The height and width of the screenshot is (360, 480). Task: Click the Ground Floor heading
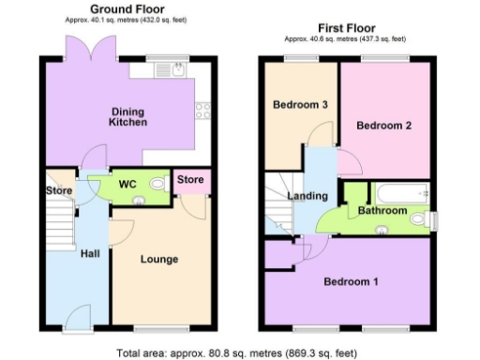coord(121,8)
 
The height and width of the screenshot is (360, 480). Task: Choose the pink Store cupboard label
coord(191,180)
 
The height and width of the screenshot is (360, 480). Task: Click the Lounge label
coord(159,259)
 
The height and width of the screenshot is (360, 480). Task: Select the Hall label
coord(90,254)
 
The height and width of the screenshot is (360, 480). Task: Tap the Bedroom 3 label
coord(300,105)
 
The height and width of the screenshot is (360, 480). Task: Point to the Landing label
coord(307,197)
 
